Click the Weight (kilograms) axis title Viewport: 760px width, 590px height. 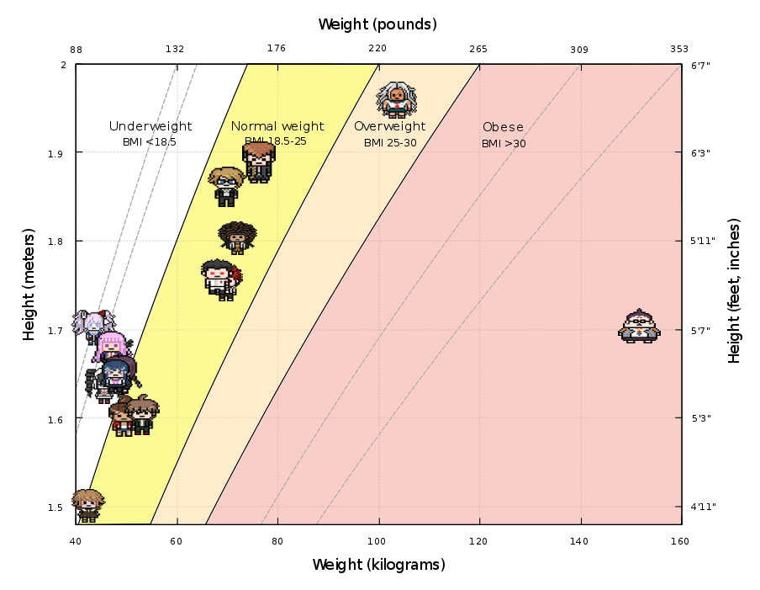point(378,565)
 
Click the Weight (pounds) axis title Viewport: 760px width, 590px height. point(377,24)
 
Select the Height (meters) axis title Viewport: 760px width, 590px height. point(29,284)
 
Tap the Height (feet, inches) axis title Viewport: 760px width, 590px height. point(735,291)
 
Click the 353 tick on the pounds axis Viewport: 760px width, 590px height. point(679,49)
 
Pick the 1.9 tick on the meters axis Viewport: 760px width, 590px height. point(57,153)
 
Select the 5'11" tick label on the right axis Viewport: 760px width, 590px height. point(703,242)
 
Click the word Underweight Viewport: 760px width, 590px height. point(150,126)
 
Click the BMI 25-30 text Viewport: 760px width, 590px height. point(390,143)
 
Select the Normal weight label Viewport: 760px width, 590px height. point(277,126)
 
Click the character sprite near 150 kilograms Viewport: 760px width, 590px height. point(640,327)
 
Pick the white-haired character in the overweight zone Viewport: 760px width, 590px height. point(396,99)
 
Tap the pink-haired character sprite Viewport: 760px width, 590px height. point(112,346)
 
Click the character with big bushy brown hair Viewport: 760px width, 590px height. point(237,237)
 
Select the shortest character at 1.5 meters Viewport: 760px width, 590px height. point(87,505)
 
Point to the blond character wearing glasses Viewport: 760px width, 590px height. point(226,186)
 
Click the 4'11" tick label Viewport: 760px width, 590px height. point(703,507)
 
